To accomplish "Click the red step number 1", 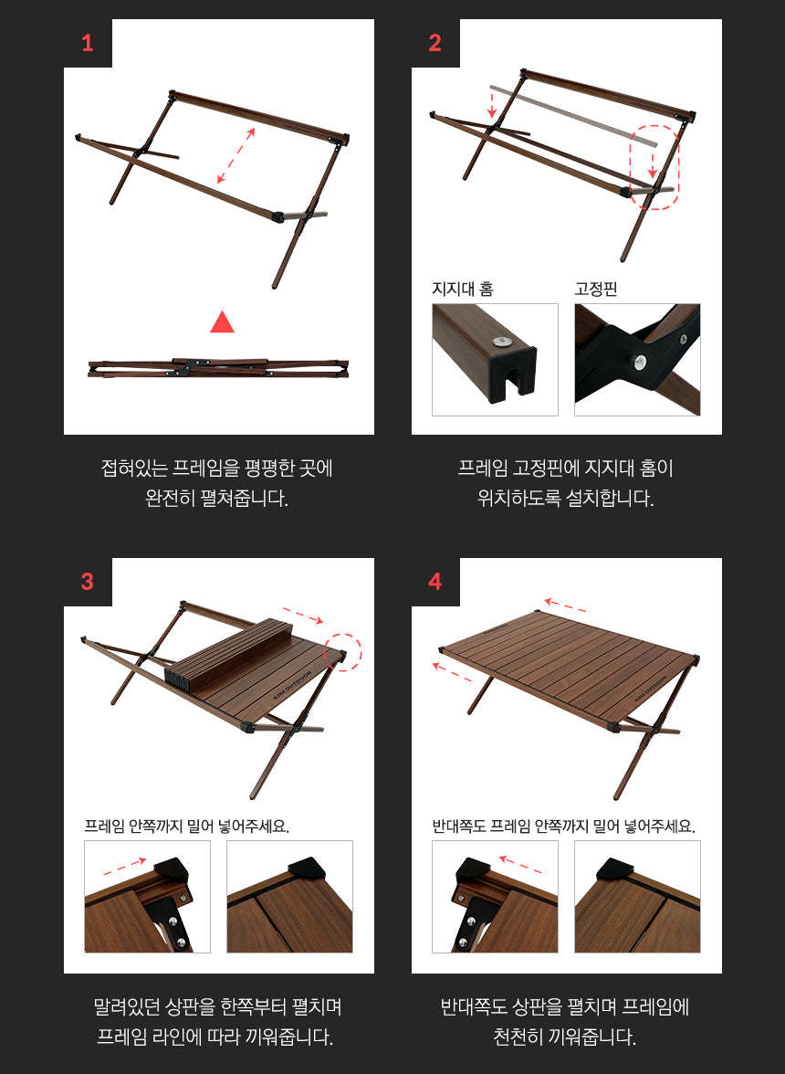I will click(88, 43).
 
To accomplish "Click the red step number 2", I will click(434, 43).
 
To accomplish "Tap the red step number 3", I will click(88, 582).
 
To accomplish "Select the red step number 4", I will click(434, 582).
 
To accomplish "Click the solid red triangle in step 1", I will click(222, 322).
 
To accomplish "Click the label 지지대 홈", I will click(463, 290).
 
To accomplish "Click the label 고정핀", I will click(596, 290).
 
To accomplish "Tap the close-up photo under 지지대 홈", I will click(495, 360).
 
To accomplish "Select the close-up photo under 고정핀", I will click(637, 360).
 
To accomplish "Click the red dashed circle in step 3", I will click(344, 651).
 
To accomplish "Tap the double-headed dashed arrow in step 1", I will click(235, 155).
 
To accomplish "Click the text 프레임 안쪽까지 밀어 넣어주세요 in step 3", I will click(186, 827).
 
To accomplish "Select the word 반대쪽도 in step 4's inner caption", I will click(459, 827).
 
